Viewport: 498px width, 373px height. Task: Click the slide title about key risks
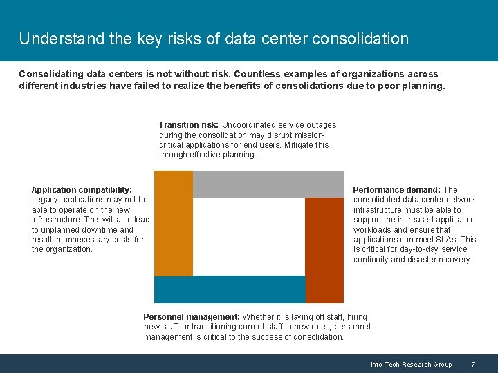click(214, 39)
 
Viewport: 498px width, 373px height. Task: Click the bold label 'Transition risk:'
click(189, 125)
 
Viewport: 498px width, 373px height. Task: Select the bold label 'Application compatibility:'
click(82, 189)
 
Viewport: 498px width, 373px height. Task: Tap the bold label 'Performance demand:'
click(396, 189)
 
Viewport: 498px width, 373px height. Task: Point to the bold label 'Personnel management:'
click(192, 317)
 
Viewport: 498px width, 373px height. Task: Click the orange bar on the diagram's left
click(173, 222)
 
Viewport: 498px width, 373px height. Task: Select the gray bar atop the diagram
click(268, 184)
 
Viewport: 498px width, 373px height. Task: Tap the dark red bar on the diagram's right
click(324, 250)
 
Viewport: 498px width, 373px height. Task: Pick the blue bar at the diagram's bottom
click(229, 289)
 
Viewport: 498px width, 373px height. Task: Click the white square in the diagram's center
click(248, 236)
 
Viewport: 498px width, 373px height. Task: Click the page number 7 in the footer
click(473, 365)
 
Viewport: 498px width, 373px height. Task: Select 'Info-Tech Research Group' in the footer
click(411, 365)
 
